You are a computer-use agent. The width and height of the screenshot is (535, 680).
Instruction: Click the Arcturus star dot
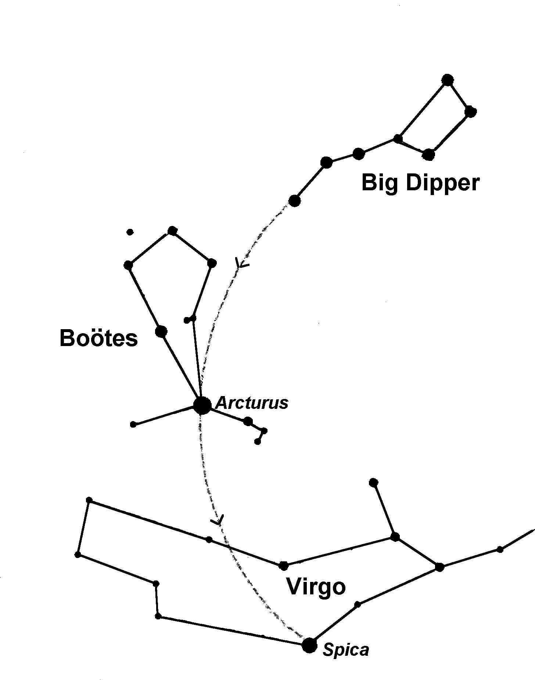(x=202, y=405)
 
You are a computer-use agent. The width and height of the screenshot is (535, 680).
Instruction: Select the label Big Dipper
(x=420, y=183)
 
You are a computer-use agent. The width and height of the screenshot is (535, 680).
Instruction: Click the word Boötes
(x=98, y=338)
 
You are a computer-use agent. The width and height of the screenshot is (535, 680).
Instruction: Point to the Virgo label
(x=316, y=586)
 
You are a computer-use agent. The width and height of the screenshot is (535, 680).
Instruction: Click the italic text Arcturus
(x=252, y=403)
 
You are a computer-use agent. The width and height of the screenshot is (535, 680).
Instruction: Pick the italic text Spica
(x=345, y=650)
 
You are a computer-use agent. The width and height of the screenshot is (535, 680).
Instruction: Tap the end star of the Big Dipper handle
(x=294, y=201)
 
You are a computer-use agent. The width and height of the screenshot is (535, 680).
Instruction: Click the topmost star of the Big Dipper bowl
(x=447, y=80)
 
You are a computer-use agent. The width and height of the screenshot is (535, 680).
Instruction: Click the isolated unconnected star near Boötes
(x=129, y=232)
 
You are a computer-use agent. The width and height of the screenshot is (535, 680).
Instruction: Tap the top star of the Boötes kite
(x=172, y=231)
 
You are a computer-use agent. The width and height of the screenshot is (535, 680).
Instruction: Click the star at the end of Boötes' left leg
(x=133, y=424)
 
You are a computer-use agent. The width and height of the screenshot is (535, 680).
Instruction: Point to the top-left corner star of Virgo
(x=89, y=500)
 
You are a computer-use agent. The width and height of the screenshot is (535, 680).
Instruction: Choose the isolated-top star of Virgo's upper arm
(x=373, y=482)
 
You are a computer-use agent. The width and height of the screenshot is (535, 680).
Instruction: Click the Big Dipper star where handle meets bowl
(x=398, y=138)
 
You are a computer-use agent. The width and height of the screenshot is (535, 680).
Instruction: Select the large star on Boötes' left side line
(x=161, y=331)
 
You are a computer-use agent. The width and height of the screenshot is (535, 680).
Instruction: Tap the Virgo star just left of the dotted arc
(x=209, y=539)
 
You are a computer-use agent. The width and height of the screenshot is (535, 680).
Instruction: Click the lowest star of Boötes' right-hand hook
(x=258, y=442)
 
